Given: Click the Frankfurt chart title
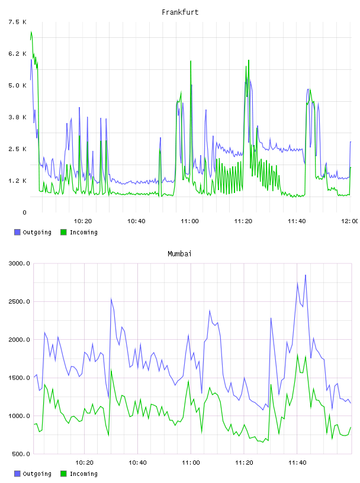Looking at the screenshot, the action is point(180,12).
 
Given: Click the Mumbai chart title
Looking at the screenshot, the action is point(179,254).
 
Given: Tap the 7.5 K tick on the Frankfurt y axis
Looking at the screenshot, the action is point(17,22).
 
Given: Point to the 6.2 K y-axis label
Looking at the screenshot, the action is point(17,54).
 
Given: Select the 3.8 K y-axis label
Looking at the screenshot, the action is point(17,117).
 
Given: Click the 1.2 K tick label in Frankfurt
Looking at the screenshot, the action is point(17,181).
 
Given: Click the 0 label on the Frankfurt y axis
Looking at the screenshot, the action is point(24,212).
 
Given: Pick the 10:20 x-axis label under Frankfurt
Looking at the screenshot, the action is point(83,221).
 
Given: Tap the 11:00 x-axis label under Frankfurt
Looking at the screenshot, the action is point(189,221).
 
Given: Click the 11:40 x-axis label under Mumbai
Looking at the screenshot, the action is point(297,462).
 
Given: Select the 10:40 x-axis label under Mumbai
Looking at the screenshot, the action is point(137,462).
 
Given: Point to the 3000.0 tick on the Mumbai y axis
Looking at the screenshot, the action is point(20,263).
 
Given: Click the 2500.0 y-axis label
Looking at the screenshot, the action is point(20,301).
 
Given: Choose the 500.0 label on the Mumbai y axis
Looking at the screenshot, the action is point(21,454).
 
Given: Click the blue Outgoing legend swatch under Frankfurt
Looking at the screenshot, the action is point(17,232).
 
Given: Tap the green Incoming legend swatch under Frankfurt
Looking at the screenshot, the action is point(63,232).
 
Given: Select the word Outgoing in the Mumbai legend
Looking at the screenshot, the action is point(37,474).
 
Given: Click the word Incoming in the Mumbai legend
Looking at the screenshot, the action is point(83,474).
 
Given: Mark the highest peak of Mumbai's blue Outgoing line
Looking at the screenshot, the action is point(306,275).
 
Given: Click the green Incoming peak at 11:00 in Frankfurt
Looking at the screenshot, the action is point(191,61).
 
